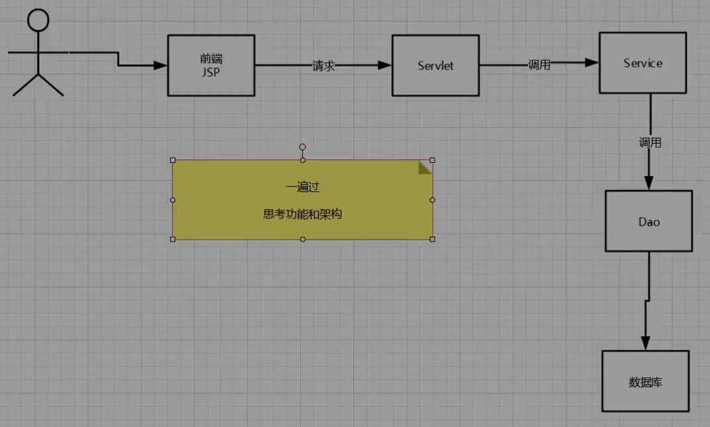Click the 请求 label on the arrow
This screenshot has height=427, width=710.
324,66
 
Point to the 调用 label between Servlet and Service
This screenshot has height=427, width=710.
539,65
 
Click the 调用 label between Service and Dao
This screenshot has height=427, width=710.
650,142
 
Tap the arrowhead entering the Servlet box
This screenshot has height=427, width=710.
384,65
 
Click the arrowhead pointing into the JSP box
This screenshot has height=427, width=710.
160,65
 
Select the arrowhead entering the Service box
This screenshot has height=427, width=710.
592,62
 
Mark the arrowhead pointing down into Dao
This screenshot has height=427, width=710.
649,183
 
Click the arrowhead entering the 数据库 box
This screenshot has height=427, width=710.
646,343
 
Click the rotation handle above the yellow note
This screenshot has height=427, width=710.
302,147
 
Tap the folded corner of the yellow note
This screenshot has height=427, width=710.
425,167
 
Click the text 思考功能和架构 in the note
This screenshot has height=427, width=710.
302,214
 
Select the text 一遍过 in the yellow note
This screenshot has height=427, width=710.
302,187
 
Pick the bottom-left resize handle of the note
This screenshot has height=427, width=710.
173,239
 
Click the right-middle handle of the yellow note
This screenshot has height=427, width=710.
433,200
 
